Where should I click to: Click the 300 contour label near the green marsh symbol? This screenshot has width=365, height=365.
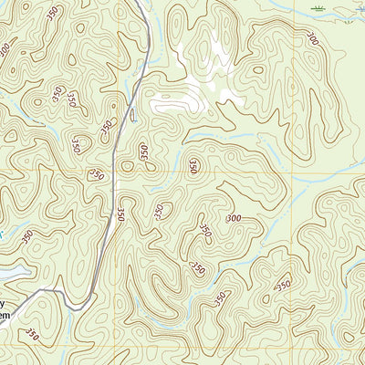click(x=313, y=38)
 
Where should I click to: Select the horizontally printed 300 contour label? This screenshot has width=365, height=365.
click(x=234, y=218)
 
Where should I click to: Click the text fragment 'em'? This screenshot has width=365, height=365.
click(x=6, y=315)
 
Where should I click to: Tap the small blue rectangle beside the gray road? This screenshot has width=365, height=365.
click(x=134, y=115)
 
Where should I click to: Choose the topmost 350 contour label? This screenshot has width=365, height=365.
click(x=54, y=13)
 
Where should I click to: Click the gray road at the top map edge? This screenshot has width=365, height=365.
click(x=141, y=3)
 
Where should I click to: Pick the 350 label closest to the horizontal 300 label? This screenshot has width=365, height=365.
click(x=204, y=233)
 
